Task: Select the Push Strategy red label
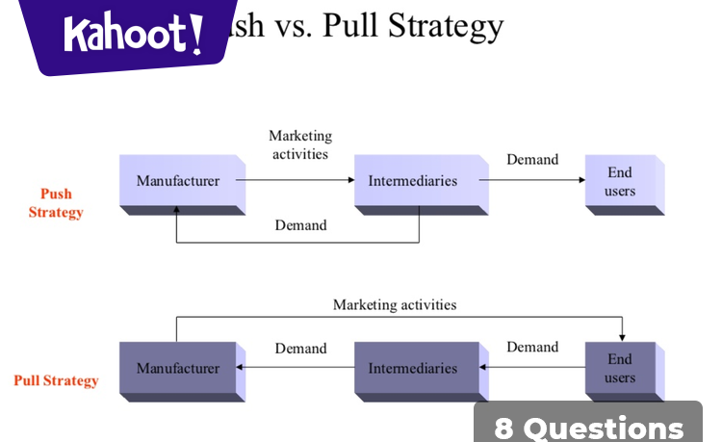tap(56, 203)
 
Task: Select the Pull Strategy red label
tap(56, 380)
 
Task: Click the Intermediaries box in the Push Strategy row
tap(413, 181)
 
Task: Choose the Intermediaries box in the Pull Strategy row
tap(413, 368)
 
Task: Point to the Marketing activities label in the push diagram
tap(300, 144)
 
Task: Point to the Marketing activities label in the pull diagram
tap(395, 304)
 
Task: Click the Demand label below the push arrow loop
tap(300, 225)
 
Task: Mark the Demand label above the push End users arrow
tap(532, 159)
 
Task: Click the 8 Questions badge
tap(589, 427)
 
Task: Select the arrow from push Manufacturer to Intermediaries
tap(295, 180)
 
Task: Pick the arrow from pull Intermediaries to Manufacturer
tap(295, 367)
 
